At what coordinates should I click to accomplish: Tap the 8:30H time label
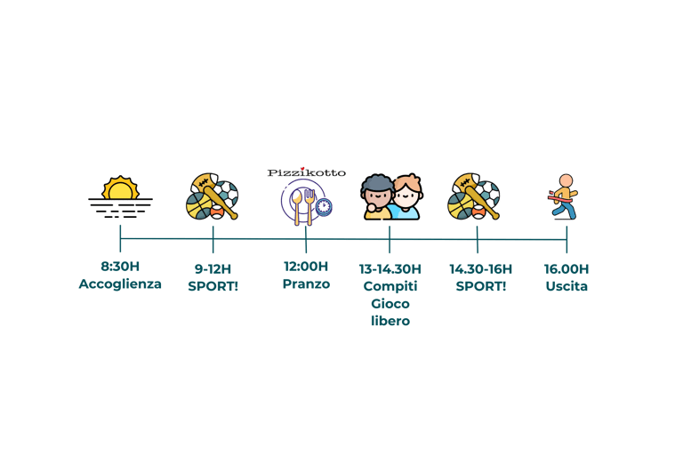[x=120, y=266]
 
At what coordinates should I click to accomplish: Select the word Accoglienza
[x=120, y=283]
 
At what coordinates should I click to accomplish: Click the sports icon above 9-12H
[x=212, y=196]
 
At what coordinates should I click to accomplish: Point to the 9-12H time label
[x=213, y=268]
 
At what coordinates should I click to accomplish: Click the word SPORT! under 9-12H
[x=213, y=286]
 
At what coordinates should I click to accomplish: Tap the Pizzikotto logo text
[x=306, y=172]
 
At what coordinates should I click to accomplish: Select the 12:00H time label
[x=306, y=266]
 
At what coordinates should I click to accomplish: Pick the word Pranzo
[x=306, y=283]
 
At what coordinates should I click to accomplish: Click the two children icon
[x=390, y=196]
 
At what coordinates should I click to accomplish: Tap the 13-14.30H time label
[x=390, y=268]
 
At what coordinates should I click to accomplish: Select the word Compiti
[x=390, y=286]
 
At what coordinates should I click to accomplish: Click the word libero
[x=390, y=321]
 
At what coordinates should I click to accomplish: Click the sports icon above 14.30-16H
[x=476, y=196]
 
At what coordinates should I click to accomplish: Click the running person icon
[x=564, y=196]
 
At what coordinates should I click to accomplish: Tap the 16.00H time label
[x=566, y=268]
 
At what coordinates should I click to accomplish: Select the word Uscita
[x=566, y=286]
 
